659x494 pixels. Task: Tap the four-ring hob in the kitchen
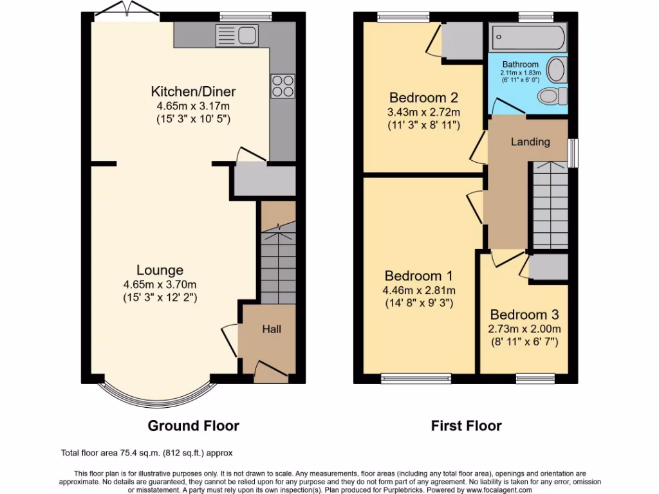[283, 86]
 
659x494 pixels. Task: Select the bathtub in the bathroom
[528, 39]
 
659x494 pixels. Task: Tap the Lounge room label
[160, 270]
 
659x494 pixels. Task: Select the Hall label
[271, 329]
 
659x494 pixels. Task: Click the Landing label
[530, 142]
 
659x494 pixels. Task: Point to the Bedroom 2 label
[423, 98]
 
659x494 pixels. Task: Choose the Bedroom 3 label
[524, 315]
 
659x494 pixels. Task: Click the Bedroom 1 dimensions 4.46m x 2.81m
[418, 290]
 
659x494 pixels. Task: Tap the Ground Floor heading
[193, 426]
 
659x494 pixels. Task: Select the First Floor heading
[466, 426]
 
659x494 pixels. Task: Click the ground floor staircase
[278, 264]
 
